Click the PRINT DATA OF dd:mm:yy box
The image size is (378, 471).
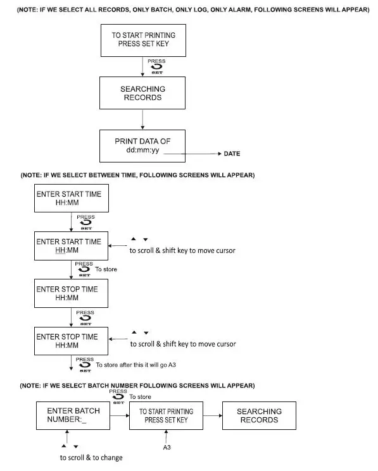143,146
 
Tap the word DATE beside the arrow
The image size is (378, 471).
232,154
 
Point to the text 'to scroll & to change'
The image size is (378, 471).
91,457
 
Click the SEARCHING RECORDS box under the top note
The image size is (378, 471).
142,94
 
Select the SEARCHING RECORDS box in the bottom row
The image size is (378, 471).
259,415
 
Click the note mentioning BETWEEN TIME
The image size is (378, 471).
137,174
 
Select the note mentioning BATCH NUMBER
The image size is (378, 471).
137,385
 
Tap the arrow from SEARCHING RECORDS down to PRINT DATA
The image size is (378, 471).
142,119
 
